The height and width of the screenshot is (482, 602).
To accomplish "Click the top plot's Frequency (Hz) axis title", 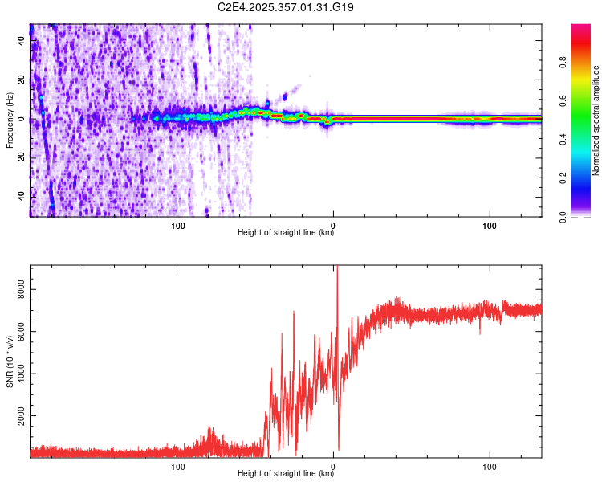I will click(10, 120).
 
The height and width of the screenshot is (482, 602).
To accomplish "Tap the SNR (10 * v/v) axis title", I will click(10, 361).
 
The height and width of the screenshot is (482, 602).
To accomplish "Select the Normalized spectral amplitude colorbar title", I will click(596, 120).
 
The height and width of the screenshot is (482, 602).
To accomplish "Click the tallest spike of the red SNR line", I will click(337, 268).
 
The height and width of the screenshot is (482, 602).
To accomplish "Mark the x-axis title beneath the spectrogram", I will click(286, 234).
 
